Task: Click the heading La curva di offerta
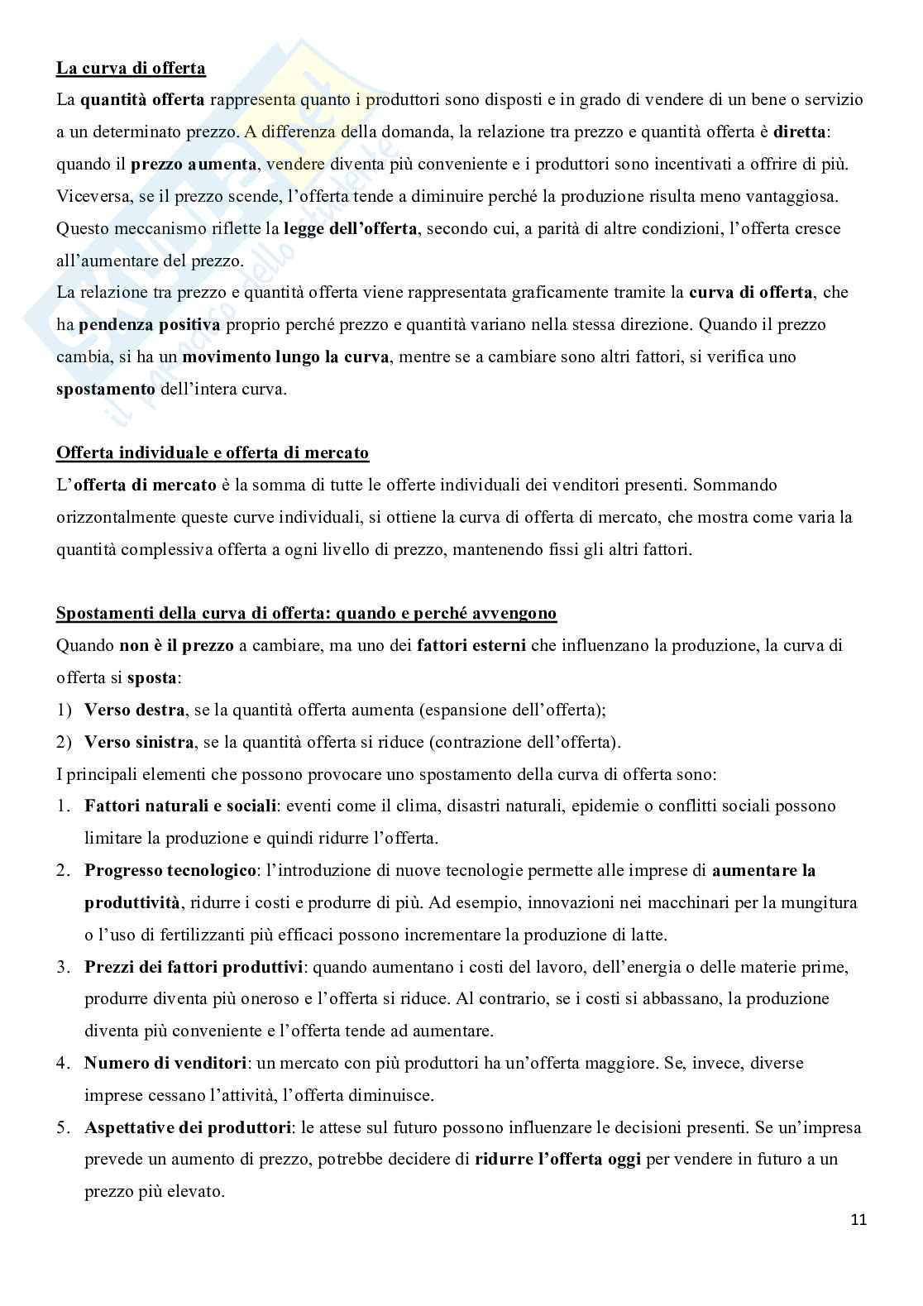[131, 68]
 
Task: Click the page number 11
[858, 1219]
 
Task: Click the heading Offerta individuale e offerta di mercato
[213, 452]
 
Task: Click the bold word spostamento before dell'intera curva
[106, 389]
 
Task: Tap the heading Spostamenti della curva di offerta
[306, 613]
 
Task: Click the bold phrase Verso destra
[132, 710]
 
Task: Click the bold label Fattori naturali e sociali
[180, 806]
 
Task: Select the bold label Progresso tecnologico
[170, 870]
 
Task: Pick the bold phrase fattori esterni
[471, 645]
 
